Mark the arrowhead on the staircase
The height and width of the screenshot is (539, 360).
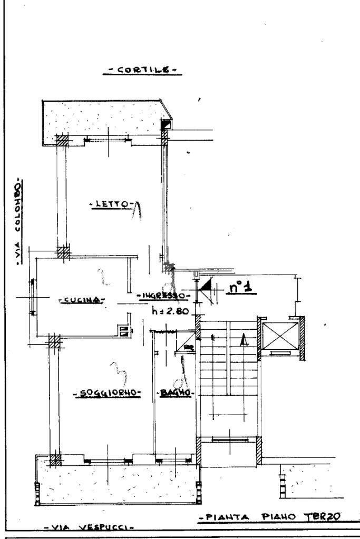coord(242,340)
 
